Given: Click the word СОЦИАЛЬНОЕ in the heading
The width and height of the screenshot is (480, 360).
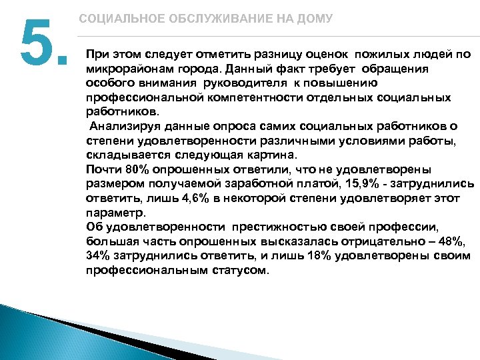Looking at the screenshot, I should click(113, 19).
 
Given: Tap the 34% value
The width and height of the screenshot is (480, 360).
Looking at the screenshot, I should click(97, 257).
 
